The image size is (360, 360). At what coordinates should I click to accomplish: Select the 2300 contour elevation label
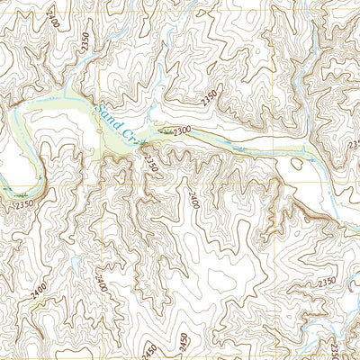183,131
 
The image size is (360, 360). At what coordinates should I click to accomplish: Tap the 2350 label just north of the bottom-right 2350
326,282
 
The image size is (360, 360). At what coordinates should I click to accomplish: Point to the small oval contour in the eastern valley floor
291,166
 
